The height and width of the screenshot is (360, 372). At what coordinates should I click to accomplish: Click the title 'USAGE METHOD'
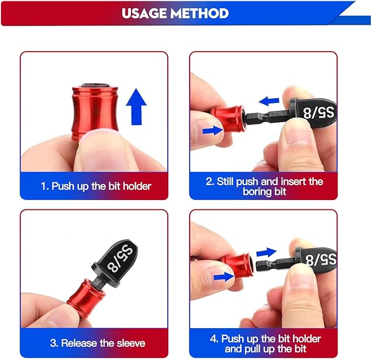point(175,13)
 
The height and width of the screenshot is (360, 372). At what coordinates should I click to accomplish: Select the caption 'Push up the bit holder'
point(96,186)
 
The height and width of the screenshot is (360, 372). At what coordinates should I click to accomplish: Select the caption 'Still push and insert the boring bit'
point(264,186)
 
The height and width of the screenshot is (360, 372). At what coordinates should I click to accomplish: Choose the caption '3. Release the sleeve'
point(98,344)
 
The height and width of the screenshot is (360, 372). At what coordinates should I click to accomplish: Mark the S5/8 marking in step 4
point(321,259)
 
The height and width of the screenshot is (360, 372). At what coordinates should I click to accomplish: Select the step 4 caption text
point(264,344)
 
